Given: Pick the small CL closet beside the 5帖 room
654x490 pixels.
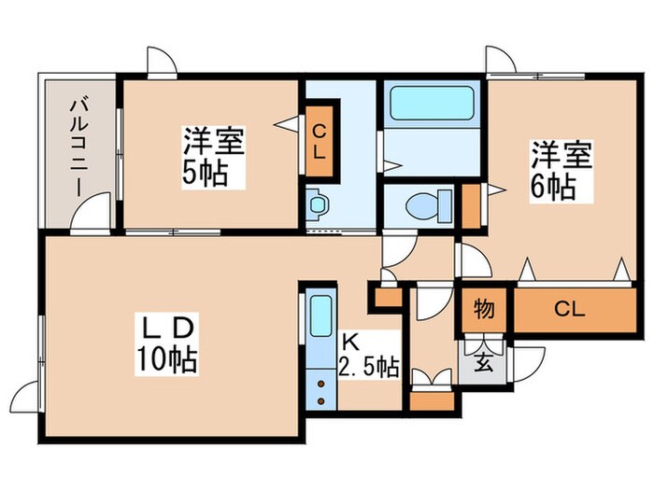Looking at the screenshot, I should pyautogui.click(x=319, y=143).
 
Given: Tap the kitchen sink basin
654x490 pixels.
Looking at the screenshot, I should pyautogui.click(x=320, y=319).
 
